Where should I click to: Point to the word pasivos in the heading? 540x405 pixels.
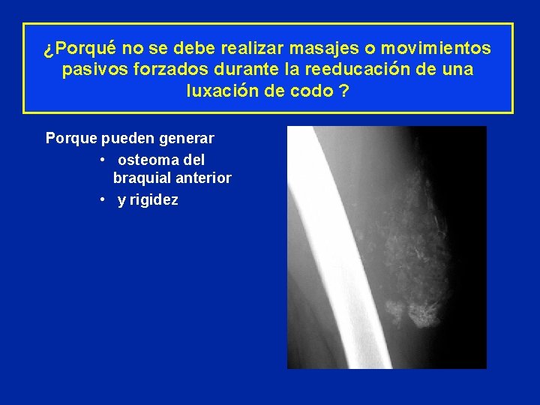coord(88,70)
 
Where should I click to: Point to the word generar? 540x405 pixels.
coord(185,139)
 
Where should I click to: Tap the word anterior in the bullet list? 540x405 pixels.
coord(202,178)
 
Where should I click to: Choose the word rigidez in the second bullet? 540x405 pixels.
coord(154,200)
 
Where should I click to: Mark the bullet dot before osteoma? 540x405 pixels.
coord(101,160)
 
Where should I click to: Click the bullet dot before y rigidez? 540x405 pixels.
coord(101,200)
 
